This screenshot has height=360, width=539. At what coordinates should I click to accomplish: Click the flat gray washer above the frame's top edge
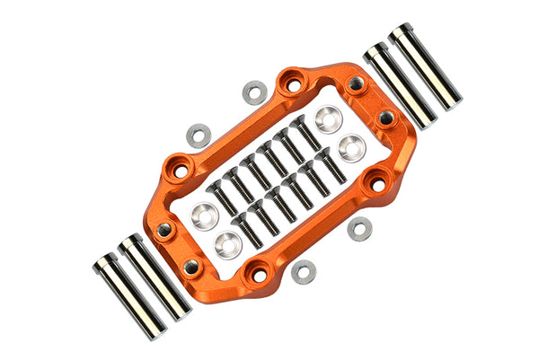[x=255, y=92]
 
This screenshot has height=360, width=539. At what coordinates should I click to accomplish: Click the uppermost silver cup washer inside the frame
[x=328, y=118]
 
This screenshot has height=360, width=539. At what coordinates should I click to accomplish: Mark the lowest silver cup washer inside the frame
[x=229, y=242]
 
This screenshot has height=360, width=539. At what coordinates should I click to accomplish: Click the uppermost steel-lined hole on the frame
[x=357, y=83]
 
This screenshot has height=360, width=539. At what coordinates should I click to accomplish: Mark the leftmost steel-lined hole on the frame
[x=164, y=232]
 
